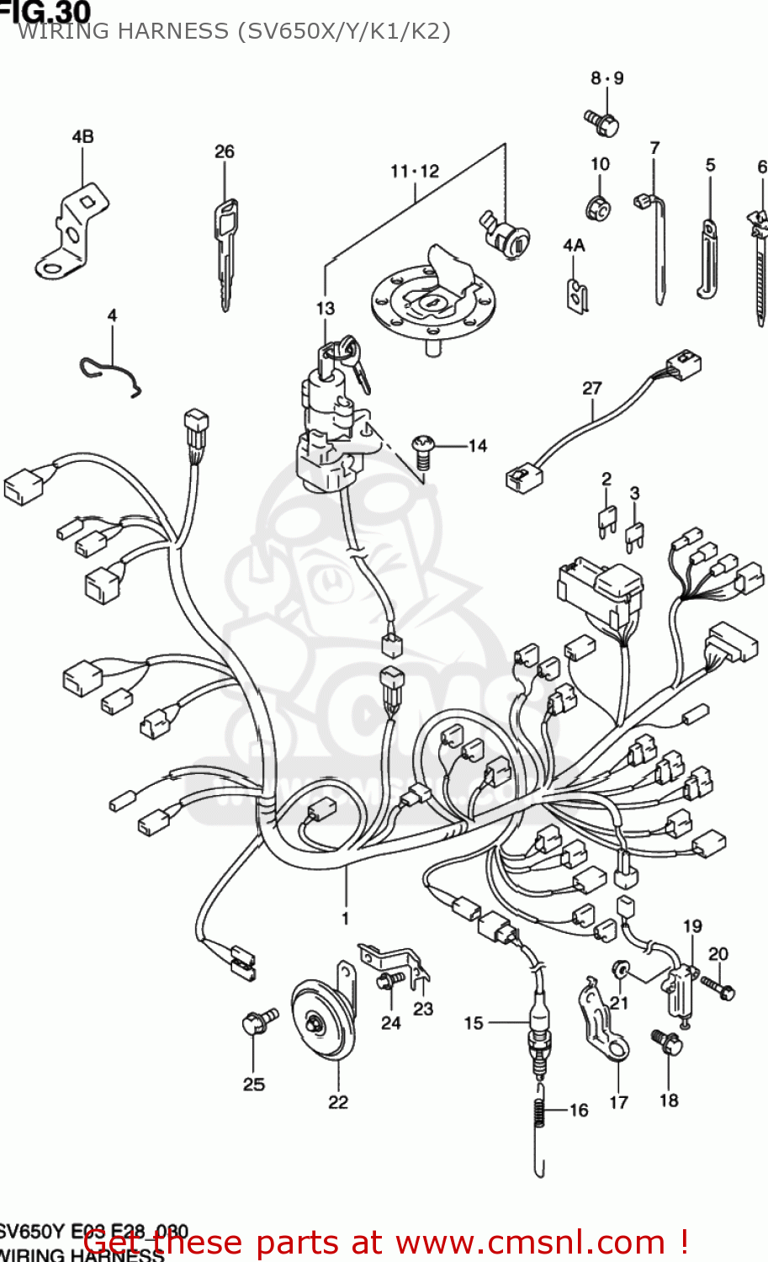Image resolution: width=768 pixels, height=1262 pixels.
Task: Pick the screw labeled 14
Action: pyautogui.click(x=422, y=451)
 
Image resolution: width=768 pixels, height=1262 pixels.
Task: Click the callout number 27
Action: pyautogui.click(x=592, y=388)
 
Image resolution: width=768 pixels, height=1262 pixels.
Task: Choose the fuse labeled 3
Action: pyautogui.click(x=634, y=537)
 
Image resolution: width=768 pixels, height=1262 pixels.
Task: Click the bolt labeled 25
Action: pyautogui.click(x=257, y=1022)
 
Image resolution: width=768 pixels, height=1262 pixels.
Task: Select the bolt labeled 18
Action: pyautogui.click(x=668, y=1043)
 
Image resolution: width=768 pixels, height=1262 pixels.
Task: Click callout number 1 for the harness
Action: pyautogui.click(x=345, y=918)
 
